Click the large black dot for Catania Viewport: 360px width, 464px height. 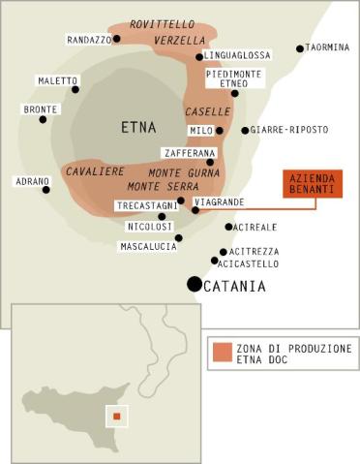coord(195,285)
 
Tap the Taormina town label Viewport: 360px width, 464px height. coord(331,47)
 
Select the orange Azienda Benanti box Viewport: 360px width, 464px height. coord(313,184)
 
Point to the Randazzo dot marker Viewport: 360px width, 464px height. coord(117,40)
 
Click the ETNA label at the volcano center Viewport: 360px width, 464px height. coord(138,127)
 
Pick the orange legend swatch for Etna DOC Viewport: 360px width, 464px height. coord(224,351)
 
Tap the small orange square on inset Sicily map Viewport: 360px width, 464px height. coord(116,418)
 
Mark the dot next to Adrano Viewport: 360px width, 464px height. coord(46,190)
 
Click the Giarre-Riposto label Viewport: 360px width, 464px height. coord(289,130)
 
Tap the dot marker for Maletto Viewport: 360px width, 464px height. coord(75,89)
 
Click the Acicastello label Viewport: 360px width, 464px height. coord(249,263)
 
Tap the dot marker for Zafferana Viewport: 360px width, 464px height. coord(210,163)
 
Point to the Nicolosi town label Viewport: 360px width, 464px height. coord(149,227)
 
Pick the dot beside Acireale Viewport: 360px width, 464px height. coord(228,227)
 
